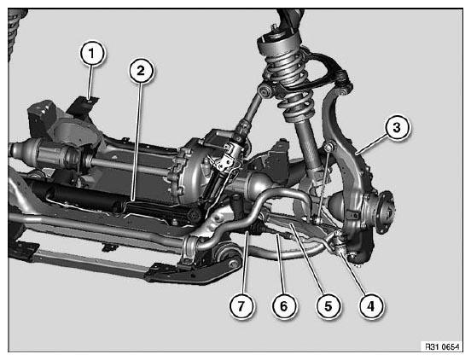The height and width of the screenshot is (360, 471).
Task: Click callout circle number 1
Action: pyautogui.click(x=92, y=54)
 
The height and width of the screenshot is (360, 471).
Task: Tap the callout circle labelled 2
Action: pyautogui.click(x=141, y=71)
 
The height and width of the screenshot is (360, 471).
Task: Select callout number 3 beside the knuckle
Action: pyautogui.click(x=397, y=127)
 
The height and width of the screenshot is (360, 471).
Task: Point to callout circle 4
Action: pyautogui.click(x=371, y=306)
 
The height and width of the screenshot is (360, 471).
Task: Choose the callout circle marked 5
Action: pyautogui.click(x=329, y=306)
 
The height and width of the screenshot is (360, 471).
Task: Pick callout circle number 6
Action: pyautogui.click(x=284, y=306)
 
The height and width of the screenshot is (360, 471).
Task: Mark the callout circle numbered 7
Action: pyautogui.click(x=241, y=306)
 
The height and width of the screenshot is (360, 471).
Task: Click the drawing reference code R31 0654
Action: pyautogui.click(x=442, y=347)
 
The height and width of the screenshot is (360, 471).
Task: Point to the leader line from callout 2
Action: pyautogui.click(x=137, y=142)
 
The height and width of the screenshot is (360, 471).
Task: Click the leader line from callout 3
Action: pyautogui.click(x=371, y=145)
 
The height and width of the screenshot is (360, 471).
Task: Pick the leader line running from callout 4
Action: pyautogui.click(x=353, y=273)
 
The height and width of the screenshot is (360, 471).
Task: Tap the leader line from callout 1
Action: pyautogui.click(x=90, y=82)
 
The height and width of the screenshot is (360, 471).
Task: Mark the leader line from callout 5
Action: pyautogui.click(x=306, y=259)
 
